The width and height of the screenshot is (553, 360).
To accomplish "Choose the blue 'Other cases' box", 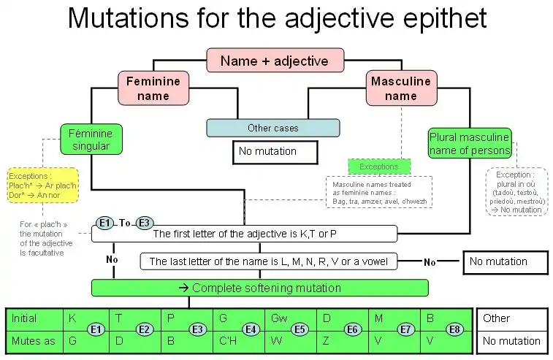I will coord(272,128).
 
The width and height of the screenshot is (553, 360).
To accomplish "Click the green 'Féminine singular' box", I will coord(91,139).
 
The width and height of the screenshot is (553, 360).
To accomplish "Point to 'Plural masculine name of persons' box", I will coord(470,144).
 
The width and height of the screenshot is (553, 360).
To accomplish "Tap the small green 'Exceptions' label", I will coord(378,166).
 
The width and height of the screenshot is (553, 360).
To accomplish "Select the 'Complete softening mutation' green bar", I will coord(259,288).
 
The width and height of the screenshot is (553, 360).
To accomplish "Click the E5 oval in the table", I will coord(298,329).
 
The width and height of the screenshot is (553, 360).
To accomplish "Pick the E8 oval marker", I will coord(454,329).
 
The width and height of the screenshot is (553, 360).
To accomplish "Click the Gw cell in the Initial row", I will coord(279,318).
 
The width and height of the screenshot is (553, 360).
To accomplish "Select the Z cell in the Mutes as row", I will coord(327,340).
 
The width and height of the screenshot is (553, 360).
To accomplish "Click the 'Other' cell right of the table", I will coord(511,318).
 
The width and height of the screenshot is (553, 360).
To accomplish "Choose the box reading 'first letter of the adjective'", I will coord(244,234).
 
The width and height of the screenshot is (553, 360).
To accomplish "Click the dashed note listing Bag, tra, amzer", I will coord(378,191).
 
